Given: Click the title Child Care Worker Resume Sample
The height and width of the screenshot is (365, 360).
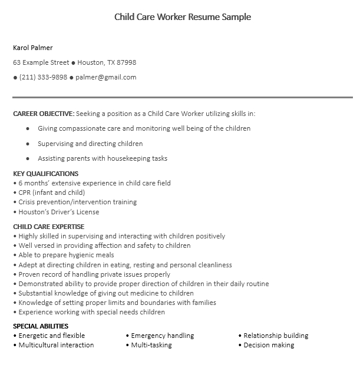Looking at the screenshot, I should tap(182, 17).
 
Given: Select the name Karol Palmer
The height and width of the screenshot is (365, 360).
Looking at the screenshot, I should tap(33, 48).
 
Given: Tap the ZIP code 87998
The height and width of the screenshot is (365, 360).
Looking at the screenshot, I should tap(127, 62).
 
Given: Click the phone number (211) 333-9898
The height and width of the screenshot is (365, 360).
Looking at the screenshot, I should tap(43, 77).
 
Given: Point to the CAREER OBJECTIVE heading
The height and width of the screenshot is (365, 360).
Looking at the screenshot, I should tap(44, 114).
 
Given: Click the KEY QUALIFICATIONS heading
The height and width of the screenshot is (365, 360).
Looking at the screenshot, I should tap(45, 174).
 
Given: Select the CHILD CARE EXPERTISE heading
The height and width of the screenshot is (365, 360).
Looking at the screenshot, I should tap(48, 227).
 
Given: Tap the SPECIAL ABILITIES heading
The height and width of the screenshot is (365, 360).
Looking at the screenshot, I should tap(41, 326).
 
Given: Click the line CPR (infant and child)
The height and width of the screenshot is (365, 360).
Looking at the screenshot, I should tap(51, 193).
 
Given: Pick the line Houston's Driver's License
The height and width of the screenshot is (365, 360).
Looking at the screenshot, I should tap(58, 212).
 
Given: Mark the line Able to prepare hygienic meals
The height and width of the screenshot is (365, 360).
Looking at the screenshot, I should tap(66, 255).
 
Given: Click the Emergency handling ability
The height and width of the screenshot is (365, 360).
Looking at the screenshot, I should tap(162, 336).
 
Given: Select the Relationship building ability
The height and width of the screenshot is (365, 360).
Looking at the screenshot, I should tap(276, 336).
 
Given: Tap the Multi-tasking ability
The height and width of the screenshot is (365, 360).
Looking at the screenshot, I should tap(151, 345).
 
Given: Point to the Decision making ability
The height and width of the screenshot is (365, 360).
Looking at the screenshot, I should tap(269, 345).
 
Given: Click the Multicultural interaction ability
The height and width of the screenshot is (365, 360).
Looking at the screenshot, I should tap(56, 345).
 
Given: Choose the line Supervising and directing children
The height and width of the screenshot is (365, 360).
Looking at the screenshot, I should tap(90, 144).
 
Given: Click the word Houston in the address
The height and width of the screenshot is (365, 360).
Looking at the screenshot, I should tap(90, 62).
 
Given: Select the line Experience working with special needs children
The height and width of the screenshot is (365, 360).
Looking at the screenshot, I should tap(91, 312).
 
